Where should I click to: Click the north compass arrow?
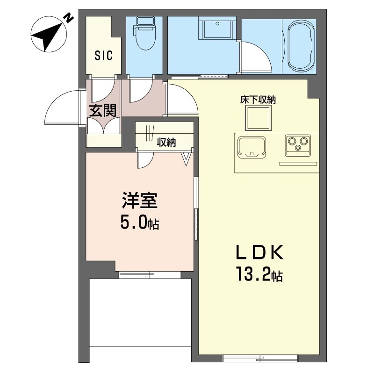tap(47, 36)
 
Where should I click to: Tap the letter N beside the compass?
tap(69, 18)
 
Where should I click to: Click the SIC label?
tap(103, 56)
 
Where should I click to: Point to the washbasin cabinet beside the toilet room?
tap(215, 29)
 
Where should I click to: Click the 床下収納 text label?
tap(258, 100)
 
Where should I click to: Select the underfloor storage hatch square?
tap(259, 118)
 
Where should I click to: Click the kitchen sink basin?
tap(252, 146)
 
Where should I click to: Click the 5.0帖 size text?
tap(139, 223)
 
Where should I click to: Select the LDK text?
tap(259, 253)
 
